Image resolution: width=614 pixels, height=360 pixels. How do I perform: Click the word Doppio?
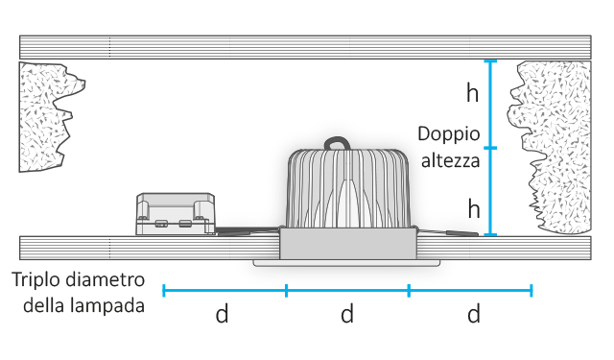pos(448,134)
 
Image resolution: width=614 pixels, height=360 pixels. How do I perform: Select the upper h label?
pos(471,93)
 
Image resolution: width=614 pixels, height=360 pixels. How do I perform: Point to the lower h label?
pos(473,207)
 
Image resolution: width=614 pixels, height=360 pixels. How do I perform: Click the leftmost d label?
pos(222,314)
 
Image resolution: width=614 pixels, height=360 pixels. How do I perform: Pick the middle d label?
pos(347,314)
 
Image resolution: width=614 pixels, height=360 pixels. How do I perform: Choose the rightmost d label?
pos(473,314)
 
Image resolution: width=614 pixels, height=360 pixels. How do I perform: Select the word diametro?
pos(107,281)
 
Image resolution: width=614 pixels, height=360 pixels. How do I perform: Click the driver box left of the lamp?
pos(174,213)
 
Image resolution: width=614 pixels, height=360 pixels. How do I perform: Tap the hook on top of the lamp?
pos(342,144)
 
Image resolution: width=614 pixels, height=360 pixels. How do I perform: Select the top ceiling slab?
pos(307,47)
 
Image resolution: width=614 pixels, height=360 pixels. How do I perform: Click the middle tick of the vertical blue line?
pos(490,148)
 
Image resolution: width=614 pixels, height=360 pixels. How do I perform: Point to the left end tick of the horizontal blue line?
pos(164,289)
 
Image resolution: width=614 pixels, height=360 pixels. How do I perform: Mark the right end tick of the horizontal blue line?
pos(531,289)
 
